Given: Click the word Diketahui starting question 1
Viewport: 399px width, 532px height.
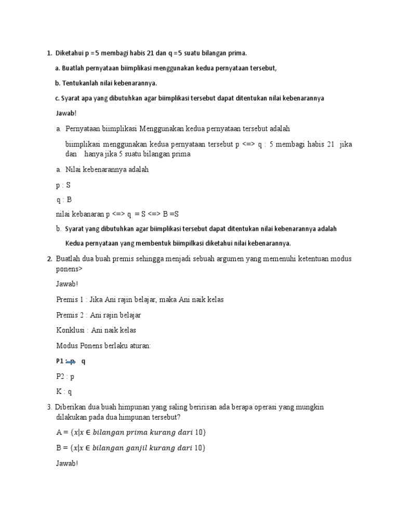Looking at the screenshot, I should tap(70, 53).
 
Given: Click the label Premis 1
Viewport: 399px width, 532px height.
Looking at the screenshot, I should tap(70, 300).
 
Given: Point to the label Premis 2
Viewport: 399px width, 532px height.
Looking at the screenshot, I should tap(70, 315).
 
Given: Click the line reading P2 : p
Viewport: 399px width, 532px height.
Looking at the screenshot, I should tap(65, 377).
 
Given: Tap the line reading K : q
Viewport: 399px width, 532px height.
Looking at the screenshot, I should tap(64, 392).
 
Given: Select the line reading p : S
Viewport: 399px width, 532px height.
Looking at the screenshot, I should tap(63, 184).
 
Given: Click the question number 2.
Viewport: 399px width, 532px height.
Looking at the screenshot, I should tap(49, 259).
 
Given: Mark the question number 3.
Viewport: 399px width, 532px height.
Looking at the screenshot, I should tap(49, 407).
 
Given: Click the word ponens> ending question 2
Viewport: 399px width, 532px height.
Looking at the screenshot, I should tap(69, 269).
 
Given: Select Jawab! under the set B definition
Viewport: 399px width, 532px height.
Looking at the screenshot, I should tap(66, 463).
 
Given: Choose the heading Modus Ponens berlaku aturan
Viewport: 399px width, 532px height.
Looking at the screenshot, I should tap(103, 345).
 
